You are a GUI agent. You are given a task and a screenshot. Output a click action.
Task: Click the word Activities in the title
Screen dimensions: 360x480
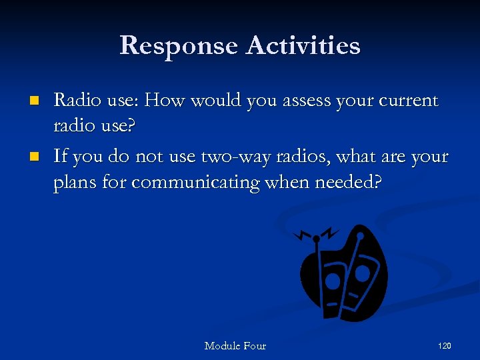303,45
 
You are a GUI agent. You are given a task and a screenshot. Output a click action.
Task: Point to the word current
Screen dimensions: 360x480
408,101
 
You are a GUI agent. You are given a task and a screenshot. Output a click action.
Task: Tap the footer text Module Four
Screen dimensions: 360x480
235,345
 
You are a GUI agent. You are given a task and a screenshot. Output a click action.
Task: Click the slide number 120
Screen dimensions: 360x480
444,345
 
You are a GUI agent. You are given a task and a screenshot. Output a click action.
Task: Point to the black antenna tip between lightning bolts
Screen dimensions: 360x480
316,238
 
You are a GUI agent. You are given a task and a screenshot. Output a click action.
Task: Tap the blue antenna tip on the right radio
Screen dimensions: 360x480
360,235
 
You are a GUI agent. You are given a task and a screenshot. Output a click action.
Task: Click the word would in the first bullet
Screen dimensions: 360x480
216,101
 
